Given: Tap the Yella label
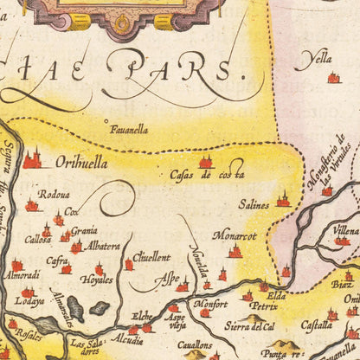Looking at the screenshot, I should click(x=313, y=61).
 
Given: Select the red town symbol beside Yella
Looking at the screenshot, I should click(x=333, y=78).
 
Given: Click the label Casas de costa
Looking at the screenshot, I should click(x=207, y=176).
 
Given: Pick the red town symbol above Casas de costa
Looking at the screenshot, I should click(x=206, y=161).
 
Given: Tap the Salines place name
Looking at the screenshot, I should click(x=254, y=206).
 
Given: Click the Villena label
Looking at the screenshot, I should click(x=345, y=230).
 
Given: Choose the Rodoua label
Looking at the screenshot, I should click(x=54, y=196).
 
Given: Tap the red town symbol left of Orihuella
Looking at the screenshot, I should click(x=34, y=160).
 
